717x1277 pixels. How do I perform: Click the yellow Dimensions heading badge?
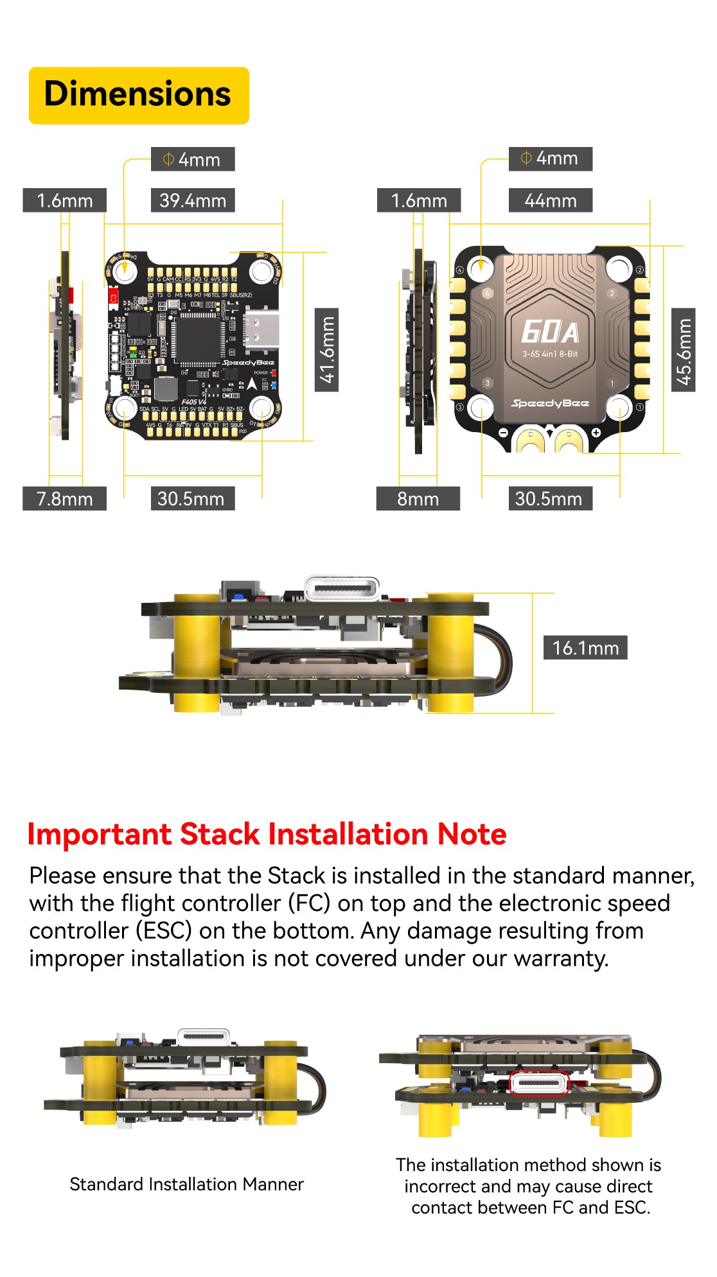tap(139, 95)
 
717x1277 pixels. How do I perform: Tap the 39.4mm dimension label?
tap(193, 200)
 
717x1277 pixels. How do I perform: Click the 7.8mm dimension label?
tap(64, 499)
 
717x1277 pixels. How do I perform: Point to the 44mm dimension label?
tap(551, 200)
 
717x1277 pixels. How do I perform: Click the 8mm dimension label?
tap(418, 499)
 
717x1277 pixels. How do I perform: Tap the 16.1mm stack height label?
tap(585, 648)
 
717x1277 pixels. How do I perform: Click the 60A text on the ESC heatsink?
tap(550, 332)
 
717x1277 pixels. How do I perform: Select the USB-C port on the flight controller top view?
tap(261, 329)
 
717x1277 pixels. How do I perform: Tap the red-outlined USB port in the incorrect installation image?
tap(539, 1083)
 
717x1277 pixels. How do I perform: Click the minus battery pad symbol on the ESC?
tap(504, 432)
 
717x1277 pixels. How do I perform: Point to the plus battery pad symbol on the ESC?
tap(596, 432)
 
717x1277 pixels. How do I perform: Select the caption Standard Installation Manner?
tap(186, 1184)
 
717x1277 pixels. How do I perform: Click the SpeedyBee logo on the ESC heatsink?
tap(550, 403)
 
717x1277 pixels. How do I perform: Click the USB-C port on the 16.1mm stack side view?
tap(342, 588)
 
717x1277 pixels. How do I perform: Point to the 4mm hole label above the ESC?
tap(551, 159)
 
